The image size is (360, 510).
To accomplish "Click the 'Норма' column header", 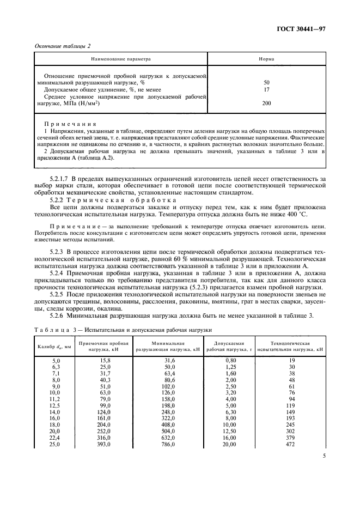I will point(266,58).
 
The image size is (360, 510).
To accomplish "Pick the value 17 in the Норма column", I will point(266,89).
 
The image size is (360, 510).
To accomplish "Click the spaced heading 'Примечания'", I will point(67,124).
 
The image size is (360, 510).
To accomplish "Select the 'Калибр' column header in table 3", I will point(53,347).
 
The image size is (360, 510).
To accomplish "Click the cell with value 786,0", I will point(161,445).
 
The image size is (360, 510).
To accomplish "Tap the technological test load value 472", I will point(291,445).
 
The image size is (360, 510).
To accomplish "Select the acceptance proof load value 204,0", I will point(104,424).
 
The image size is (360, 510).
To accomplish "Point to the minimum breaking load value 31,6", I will point(162,361).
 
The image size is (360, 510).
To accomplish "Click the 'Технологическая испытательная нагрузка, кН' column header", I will point(291,347).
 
